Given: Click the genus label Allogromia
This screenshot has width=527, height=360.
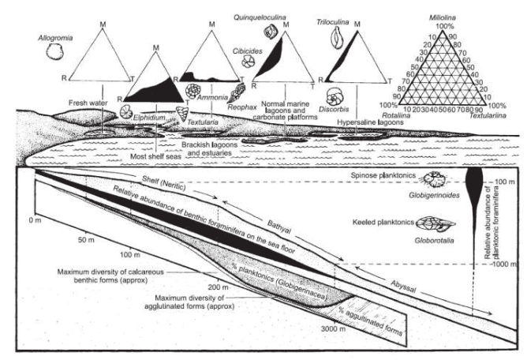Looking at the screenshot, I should pos(56,37).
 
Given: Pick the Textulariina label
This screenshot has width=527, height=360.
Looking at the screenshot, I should pos(487,115).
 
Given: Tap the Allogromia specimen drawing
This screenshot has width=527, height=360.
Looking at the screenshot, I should pos(55,52).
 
